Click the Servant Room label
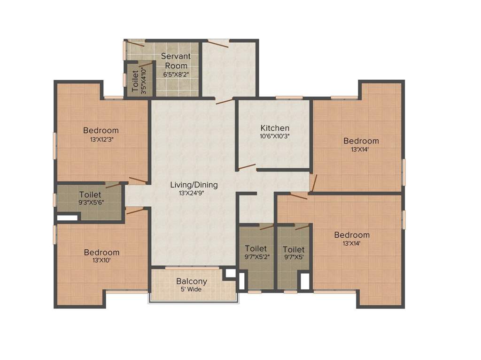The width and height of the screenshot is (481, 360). [176, 61]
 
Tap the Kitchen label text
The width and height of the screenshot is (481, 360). [275, 128]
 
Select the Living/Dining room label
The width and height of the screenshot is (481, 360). [194, 185]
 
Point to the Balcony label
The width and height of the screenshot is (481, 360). [192, 281]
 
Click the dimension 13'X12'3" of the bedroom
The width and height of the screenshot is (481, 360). [101, 139]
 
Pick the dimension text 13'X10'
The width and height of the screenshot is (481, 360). [101, 261]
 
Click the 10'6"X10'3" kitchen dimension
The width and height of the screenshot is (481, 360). [275, 136]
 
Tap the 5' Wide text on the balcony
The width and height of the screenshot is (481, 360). [192, 289]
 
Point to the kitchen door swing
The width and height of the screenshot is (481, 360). [247, 166]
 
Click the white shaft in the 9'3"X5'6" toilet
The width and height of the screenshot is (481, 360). [67, 217]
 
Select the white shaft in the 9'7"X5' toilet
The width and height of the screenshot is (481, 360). [305, 281]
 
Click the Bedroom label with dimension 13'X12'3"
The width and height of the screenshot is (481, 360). [101, 130]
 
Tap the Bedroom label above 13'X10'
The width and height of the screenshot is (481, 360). [101, 253]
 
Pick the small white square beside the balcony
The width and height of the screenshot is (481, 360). [230, 273]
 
